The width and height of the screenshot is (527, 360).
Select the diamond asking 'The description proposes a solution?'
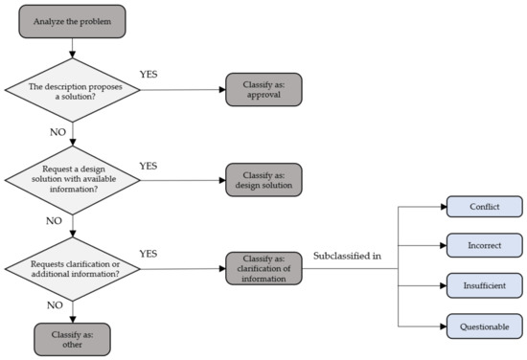(72, 91)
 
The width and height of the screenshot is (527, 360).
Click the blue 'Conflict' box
(484, 208)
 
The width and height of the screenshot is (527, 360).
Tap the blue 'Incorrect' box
(484, 245)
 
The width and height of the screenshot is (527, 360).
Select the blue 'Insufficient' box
(484, 285)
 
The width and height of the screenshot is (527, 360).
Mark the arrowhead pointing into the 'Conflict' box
(443, 208)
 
